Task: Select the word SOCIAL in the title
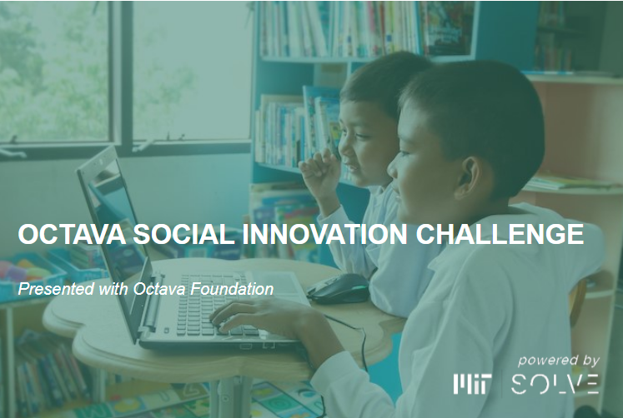click(x=184, y=234)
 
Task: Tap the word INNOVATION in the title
click(x=325, y=234)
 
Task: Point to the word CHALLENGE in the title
click(x=500, y=234)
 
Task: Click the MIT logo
click(x=472, y=384)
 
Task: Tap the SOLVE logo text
click(x=555, y=384)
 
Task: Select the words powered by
click(x=559, y=361)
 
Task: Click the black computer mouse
click(x=339, y=288)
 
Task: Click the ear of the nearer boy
click(x=469, y=178)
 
